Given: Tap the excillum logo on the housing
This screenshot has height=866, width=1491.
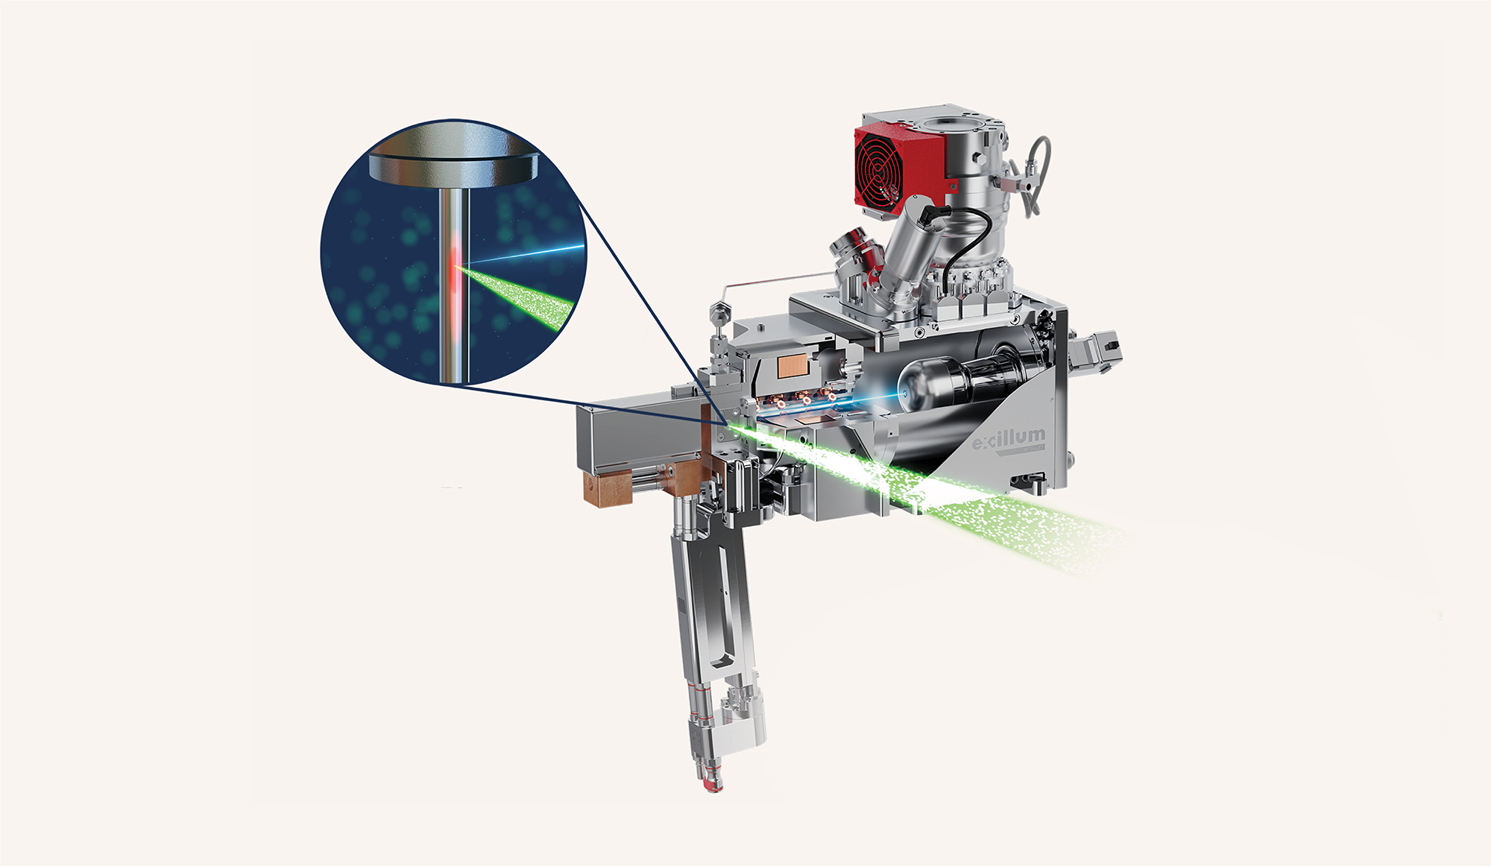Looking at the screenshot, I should [1008, 439].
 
